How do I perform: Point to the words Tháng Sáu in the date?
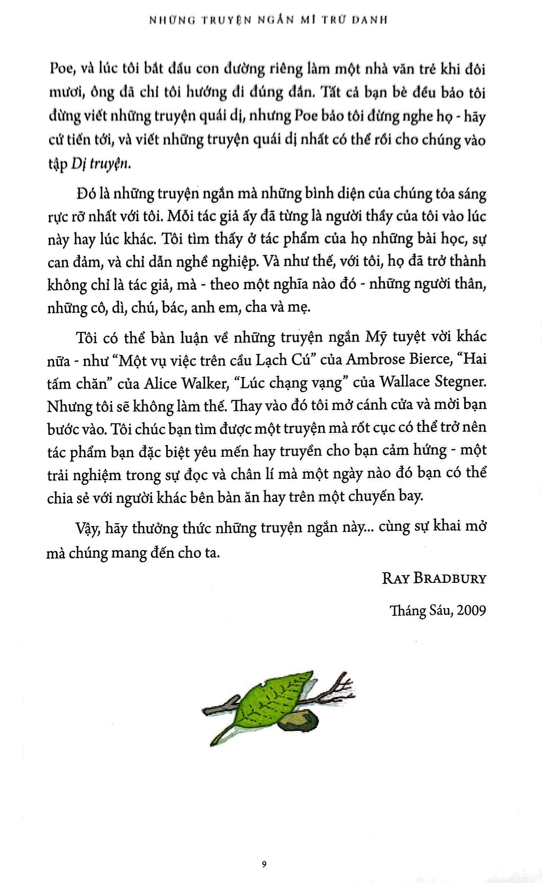coord(411,611)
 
